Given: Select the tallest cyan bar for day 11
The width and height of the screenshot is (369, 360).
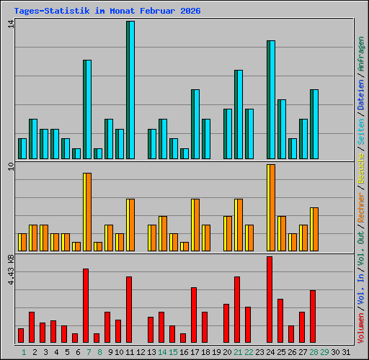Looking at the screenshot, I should coord(130,90).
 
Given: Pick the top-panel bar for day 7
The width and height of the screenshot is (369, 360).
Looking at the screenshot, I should coord(87,109).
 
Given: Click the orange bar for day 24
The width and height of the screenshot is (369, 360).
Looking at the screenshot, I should coord(271,207).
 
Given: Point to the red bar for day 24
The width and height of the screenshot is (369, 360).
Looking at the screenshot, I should coord(270,300).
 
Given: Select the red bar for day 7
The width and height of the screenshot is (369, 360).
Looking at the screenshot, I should coord(86,305).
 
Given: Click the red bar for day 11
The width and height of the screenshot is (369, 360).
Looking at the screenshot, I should coord(129,310).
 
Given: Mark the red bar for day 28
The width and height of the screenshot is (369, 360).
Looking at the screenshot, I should coord(313,316).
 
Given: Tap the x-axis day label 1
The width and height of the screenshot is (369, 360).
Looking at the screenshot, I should coord(24,352).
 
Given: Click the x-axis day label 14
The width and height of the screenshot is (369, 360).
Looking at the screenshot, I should coord(162,352).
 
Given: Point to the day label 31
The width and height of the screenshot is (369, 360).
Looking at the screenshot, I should coord(346,352).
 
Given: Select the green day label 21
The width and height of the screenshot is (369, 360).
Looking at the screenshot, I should coord(238,352).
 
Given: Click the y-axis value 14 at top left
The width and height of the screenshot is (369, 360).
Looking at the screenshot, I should coord(10,24).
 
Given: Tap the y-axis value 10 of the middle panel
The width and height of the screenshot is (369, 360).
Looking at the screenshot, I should coord(10,168).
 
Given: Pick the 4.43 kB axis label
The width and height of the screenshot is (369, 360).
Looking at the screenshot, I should coord(10,269).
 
